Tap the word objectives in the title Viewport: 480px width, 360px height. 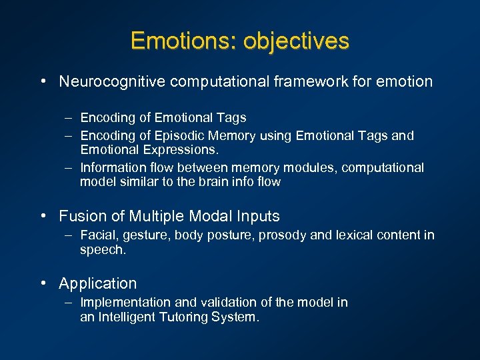pos(296,41)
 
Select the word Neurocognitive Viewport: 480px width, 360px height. pos(112,81)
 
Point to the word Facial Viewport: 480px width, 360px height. pos(97,235)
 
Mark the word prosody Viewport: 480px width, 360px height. pos(281,235)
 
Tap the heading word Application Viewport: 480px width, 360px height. pos(97,283)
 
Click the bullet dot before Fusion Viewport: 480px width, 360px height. pos(43,216)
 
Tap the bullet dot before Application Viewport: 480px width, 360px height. pos(43,283)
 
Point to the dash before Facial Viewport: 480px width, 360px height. pos(69,235)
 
